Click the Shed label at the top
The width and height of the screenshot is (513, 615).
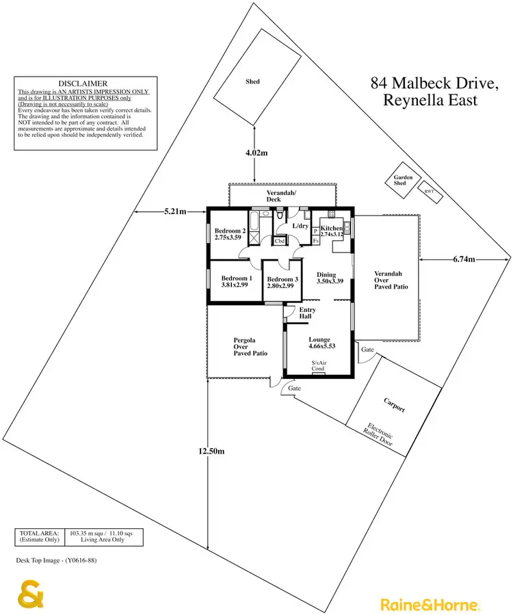[x=252, y=81]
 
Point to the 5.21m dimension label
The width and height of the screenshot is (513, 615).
[x=175, y=212]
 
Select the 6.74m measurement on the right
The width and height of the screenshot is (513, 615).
[x=464, y=259]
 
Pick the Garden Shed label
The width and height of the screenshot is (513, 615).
[x=403, y=181]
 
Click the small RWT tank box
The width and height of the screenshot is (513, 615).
[x=430, y=192]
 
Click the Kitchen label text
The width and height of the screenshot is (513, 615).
[x=332, y=228]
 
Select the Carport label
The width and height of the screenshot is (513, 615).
[x=393, y=408]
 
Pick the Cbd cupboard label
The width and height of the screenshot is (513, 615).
[x=279, y=241]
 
